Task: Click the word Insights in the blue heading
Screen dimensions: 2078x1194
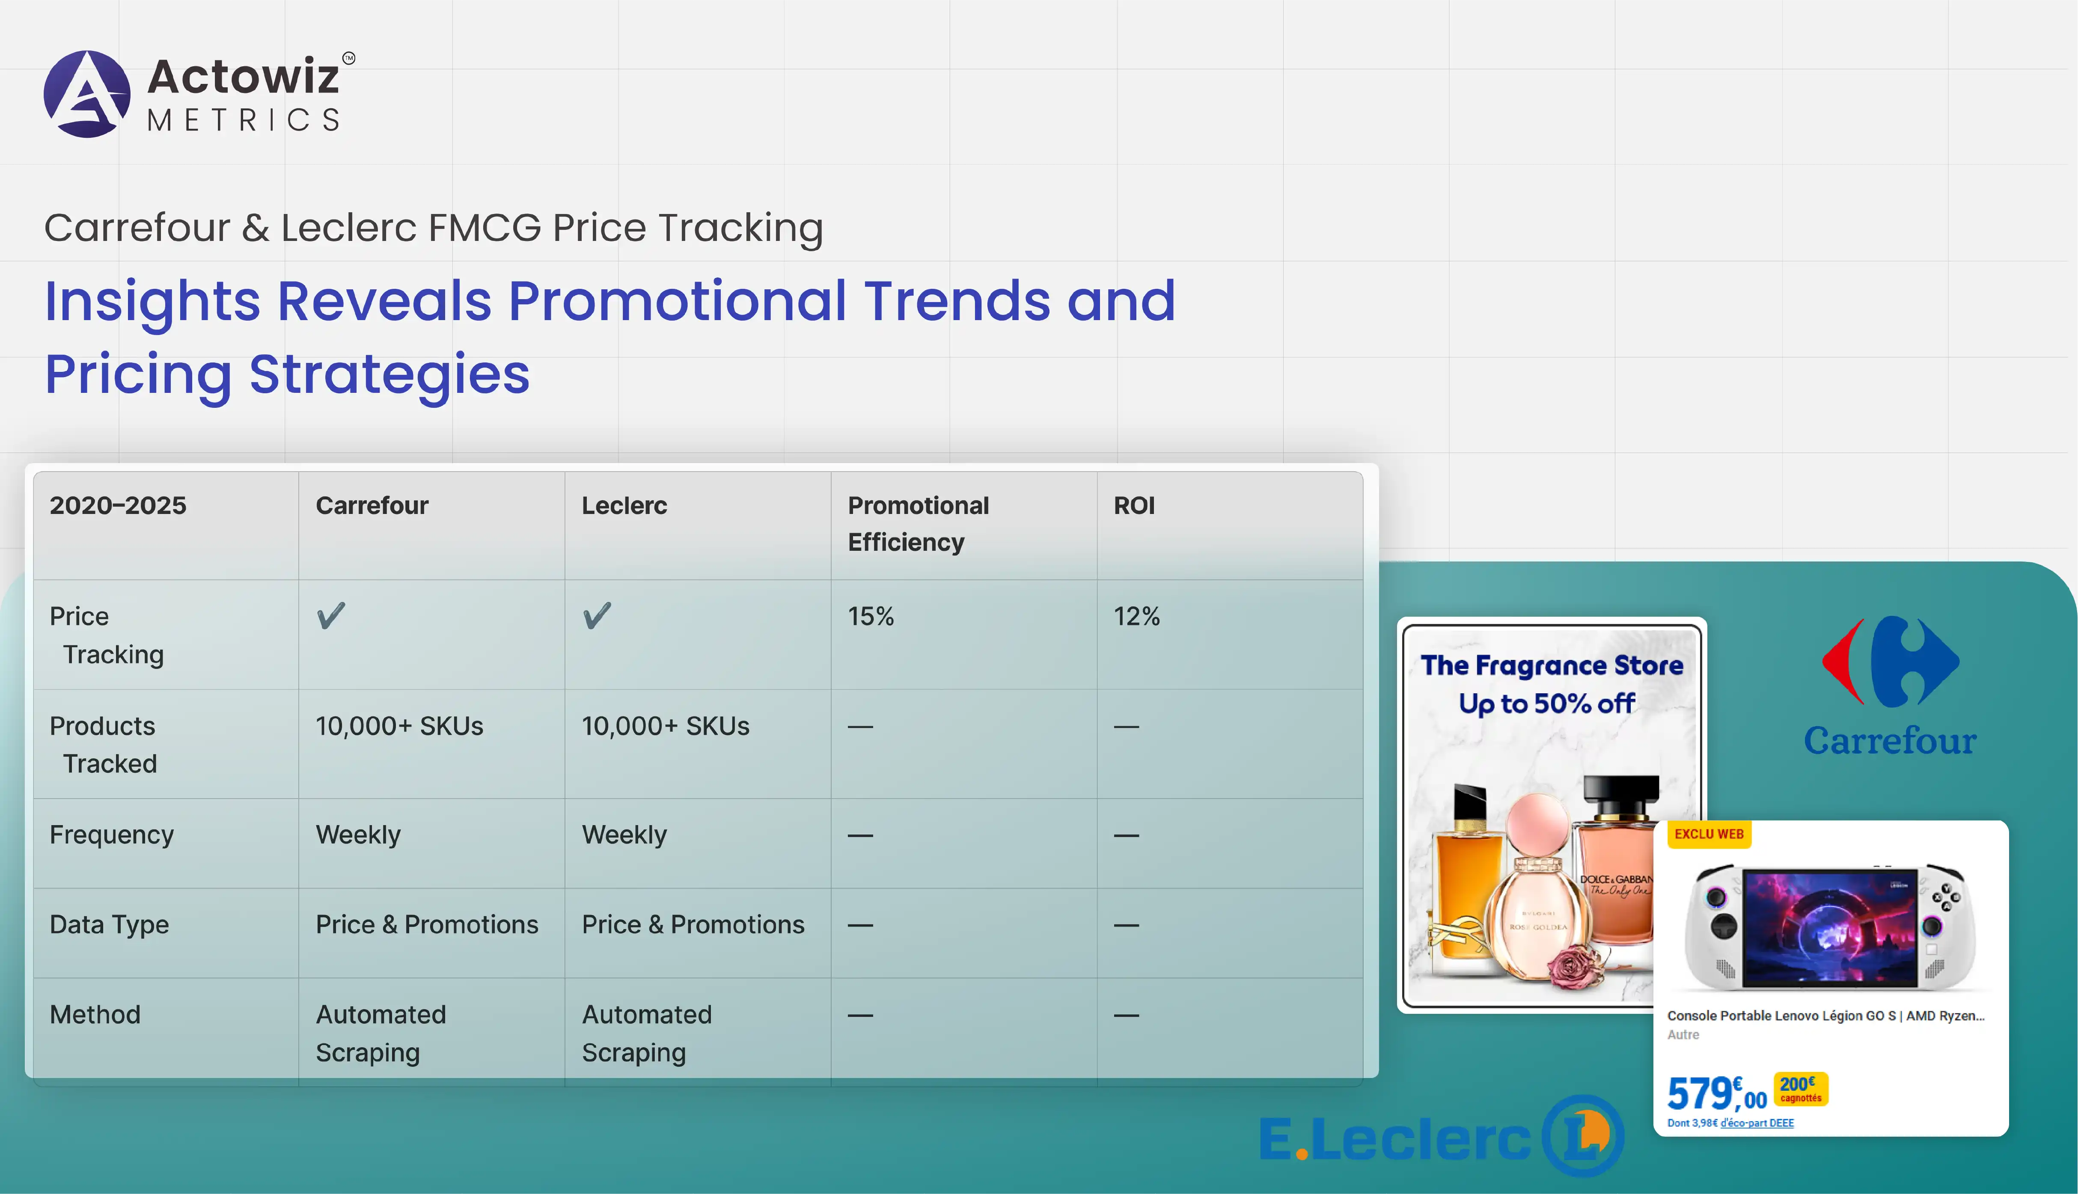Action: coord(152,301)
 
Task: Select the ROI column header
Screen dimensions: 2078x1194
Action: coord(1134,505)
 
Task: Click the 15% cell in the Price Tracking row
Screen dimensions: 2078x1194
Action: coord(871,616)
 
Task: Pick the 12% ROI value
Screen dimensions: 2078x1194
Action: coord(1136,616)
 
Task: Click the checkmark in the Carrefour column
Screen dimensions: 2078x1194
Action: coord(331,615)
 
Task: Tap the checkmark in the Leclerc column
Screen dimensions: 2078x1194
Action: coord(597,615)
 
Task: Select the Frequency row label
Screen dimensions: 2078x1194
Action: coord(112,835)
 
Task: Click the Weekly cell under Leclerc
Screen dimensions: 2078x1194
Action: coord(624,835)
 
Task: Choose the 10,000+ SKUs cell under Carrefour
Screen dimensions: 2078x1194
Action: coord(399,726)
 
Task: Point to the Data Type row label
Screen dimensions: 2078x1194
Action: coord(109,925)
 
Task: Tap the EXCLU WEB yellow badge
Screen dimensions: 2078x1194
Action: coord(1709,834)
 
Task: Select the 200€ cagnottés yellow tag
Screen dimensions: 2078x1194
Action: coord(1801,1089)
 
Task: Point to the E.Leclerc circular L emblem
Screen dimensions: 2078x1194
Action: coord(1583,1136)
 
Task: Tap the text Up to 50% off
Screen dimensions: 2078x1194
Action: coord(1546,704)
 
